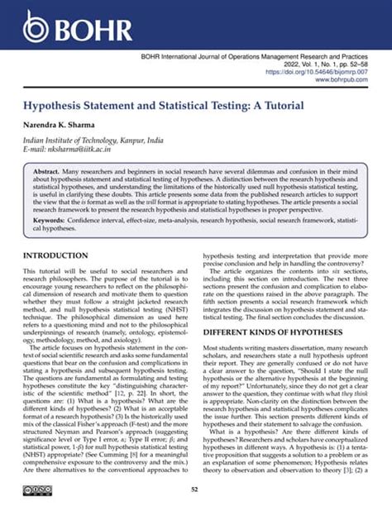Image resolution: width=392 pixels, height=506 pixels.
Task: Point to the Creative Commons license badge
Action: tap(38, 490)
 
